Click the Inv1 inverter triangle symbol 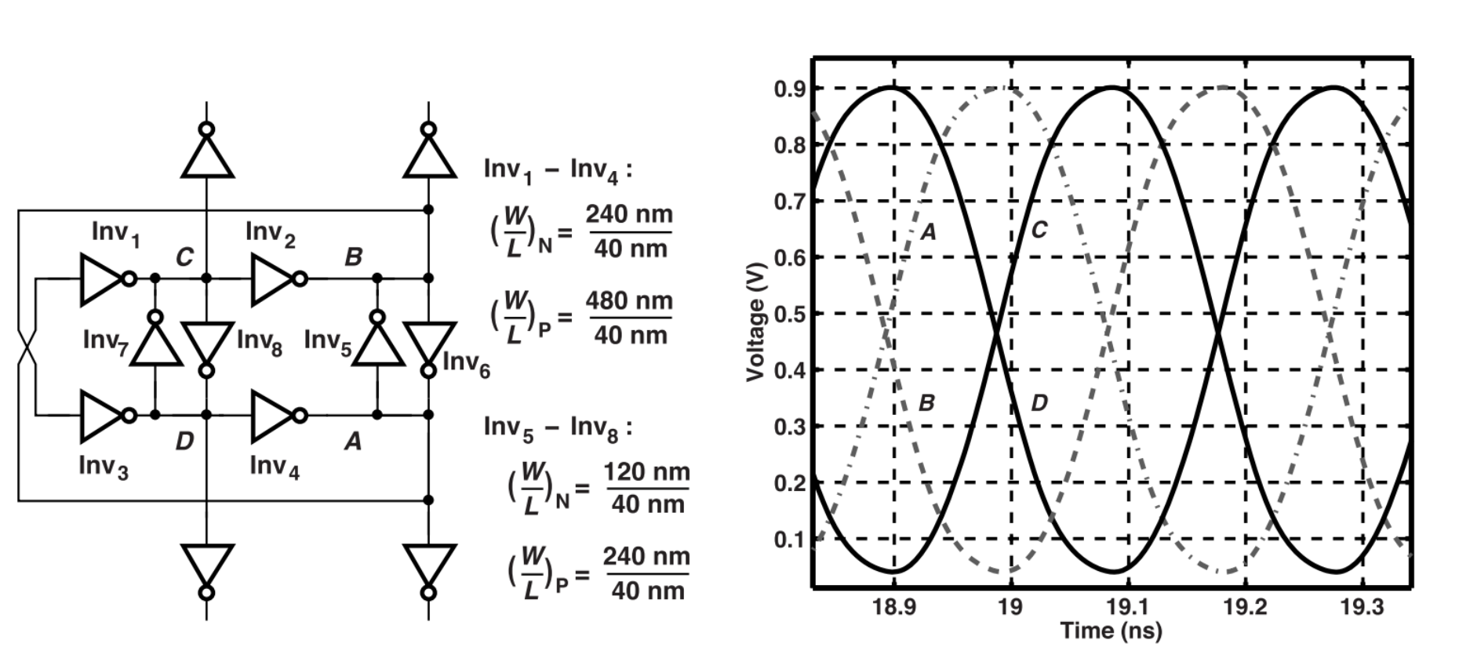coord(100,278)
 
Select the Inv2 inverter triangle coord(271,278)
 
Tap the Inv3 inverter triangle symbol coord(100,415)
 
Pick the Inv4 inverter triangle coord(271,415)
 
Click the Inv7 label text coord(105,340)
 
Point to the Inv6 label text coord(466,363)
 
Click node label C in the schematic coord(184,256)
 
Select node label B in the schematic coord(354,256)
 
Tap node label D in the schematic coord(184,442)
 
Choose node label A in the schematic coord(353,442)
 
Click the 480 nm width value coord(629,301)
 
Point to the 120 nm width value coord(646,472)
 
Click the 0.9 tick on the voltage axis coord(791,89)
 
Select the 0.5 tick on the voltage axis coord(791,314)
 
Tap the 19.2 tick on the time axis coord(1246,608)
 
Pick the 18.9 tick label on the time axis coord(894,608)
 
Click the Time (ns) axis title coord(1111,631)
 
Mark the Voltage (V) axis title coord(756,329)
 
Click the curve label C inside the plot coord(1039,229)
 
